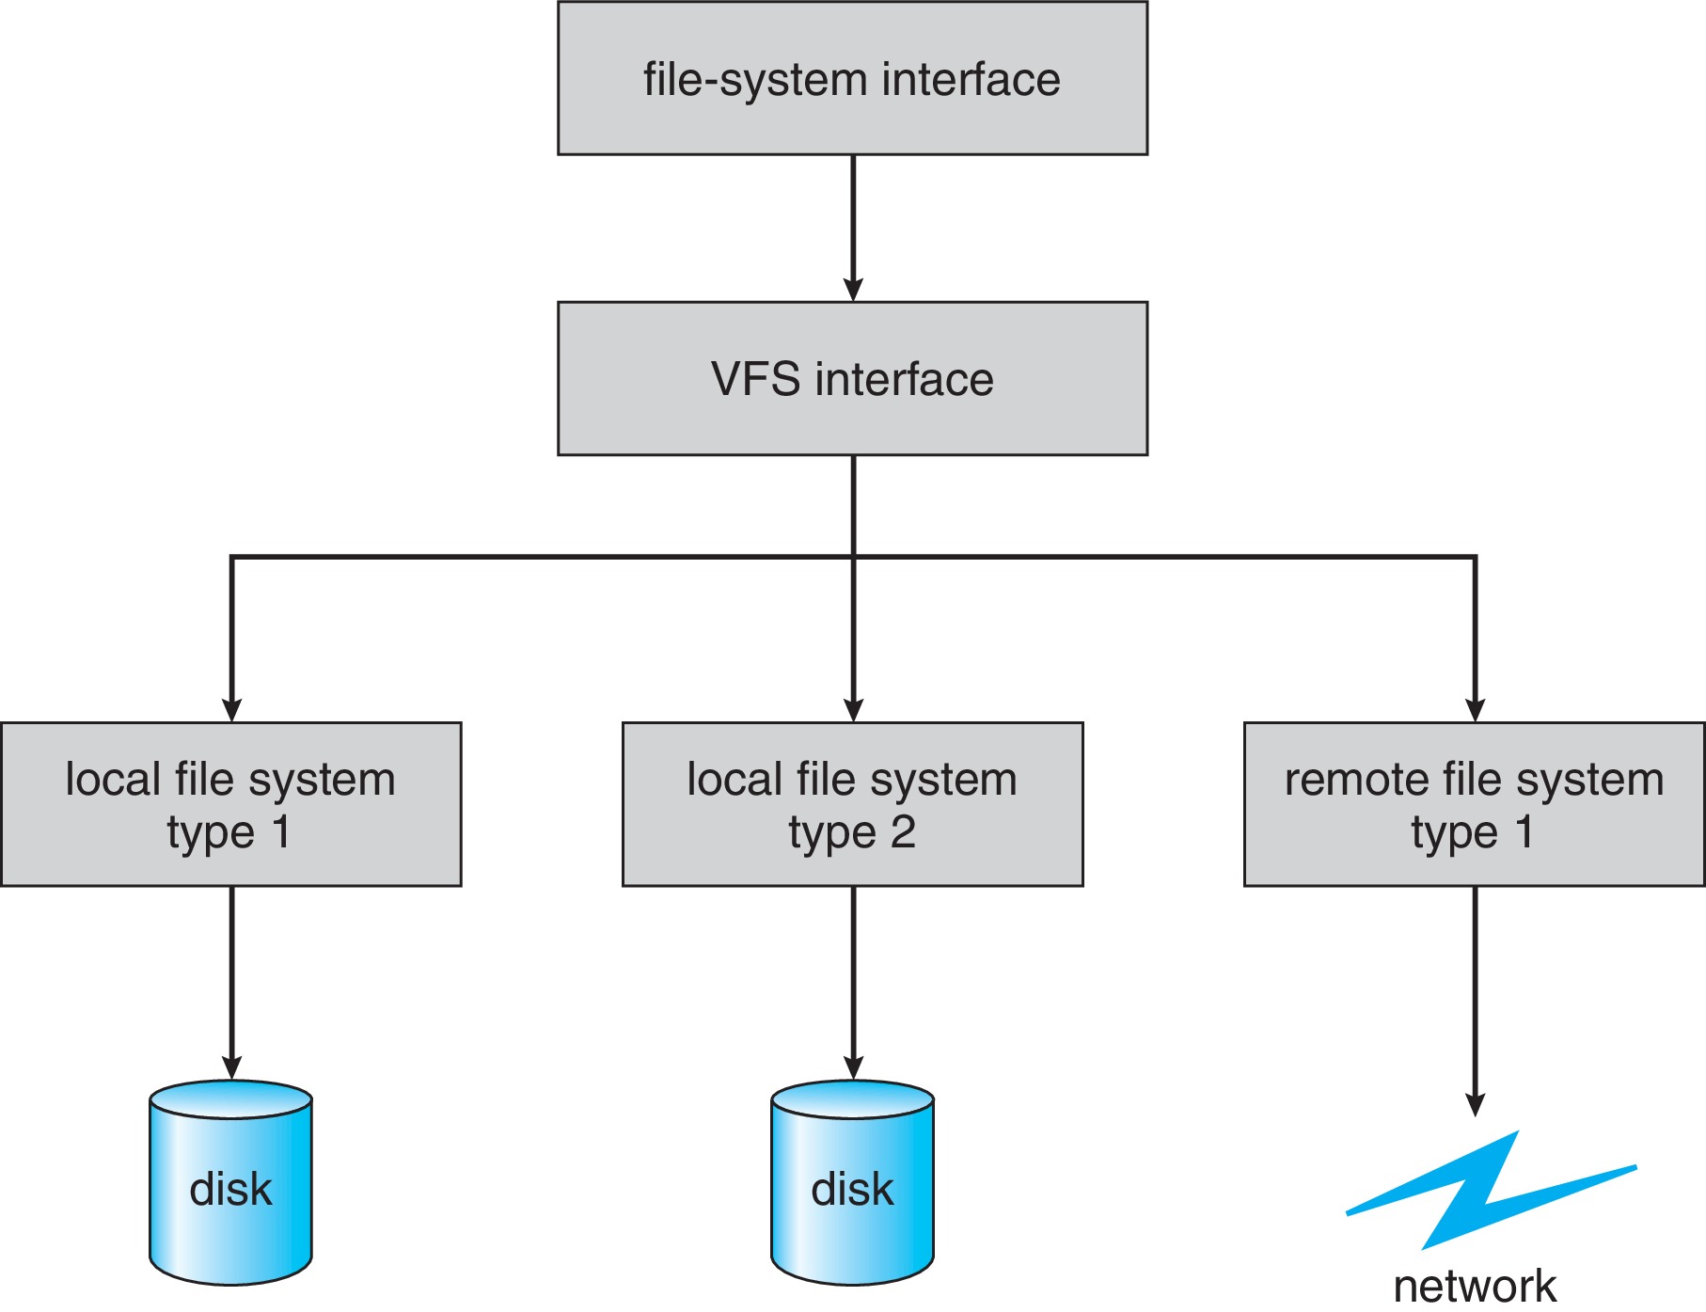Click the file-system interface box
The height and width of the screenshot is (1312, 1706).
(852, 78)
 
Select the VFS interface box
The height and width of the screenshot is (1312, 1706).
(852, 379)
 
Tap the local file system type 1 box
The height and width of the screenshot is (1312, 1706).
(230, 804)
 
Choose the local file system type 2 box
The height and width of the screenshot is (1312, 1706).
(852, 804)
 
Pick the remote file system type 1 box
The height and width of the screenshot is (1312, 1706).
(1474, 804)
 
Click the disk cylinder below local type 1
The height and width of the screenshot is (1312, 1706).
(230, 1185)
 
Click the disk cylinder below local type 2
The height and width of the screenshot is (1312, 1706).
(852, 1185)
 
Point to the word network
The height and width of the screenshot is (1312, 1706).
(1474, 1287)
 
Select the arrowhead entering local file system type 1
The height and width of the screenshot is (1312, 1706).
(231, 710)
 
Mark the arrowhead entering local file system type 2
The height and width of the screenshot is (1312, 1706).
(853, 710)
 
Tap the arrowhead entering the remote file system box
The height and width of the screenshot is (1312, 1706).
(1475, 710)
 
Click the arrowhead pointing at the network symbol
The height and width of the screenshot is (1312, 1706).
(1475, 1104)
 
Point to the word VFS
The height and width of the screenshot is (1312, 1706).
(755, 380)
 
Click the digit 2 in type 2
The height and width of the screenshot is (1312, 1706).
(903, 832)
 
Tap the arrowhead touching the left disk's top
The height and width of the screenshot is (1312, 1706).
(231, 1067)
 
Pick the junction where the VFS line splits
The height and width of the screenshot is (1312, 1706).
(853, 557)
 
